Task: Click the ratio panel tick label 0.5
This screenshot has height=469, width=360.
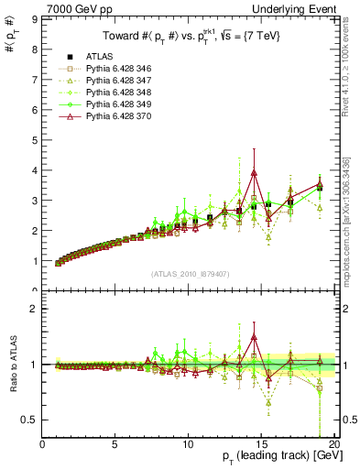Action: tap(30, 420)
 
